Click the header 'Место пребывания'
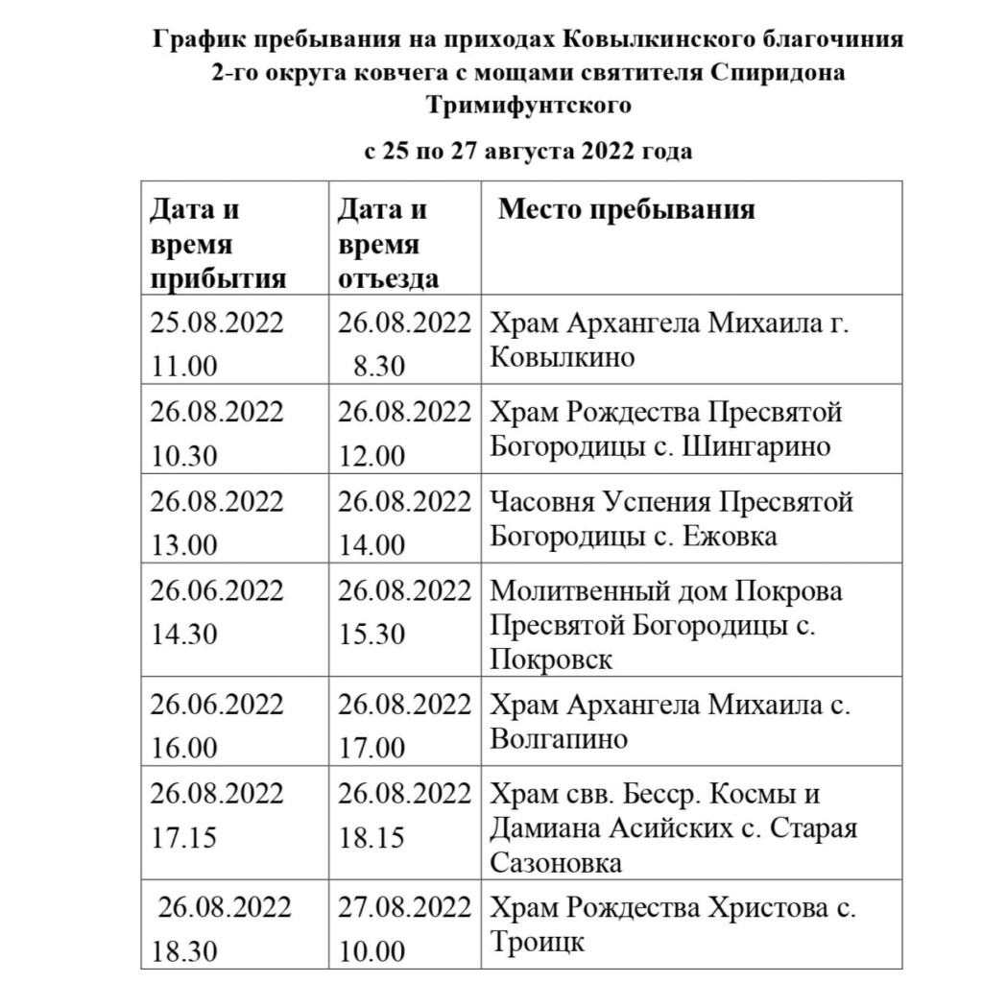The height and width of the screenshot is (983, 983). [626, 210]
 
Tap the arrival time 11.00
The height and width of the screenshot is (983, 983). [185, 366]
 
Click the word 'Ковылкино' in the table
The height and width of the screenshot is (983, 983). [563, 357]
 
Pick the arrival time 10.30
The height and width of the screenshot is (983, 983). [185, 456]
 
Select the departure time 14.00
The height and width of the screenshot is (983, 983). [372, 545]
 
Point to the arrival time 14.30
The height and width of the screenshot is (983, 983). [185, 635]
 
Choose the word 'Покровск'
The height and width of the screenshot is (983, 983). [551, 660]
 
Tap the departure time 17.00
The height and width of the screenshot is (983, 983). [372, 747]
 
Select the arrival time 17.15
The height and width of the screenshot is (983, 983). [185, 837]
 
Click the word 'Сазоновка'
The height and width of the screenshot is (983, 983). [556, 862]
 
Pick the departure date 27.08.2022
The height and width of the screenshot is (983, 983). [404, 907]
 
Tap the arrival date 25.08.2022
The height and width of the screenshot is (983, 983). [217, 322]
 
